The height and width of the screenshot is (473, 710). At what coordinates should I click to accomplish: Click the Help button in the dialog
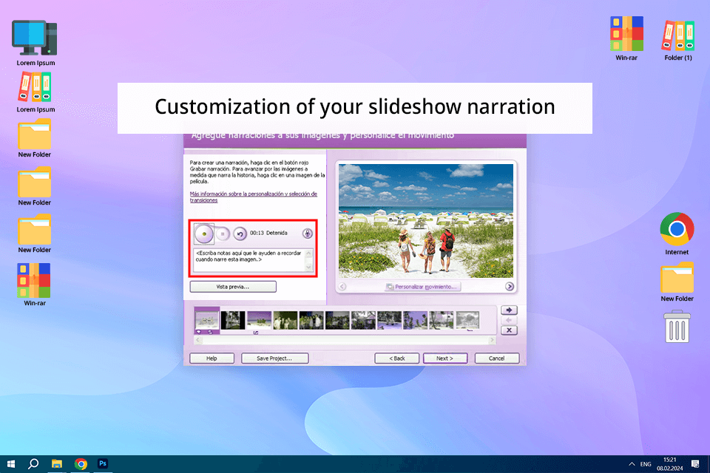[x=212, y=358]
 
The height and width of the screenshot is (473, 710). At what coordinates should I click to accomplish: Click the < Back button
[x=396, y=358]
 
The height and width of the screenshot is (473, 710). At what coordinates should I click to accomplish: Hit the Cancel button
[x=496, y=358]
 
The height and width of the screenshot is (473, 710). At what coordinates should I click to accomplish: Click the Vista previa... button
[x=233, y=287]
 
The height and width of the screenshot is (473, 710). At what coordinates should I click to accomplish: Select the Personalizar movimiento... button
[x=422, y=287]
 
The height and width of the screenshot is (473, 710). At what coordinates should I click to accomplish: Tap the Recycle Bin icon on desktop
[x=677, y=326]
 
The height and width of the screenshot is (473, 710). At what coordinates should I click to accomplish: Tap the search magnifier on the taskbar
[x=33, y=464]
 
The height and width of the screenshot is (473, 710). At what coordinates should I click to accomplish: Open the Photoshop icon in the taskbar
[x=104, y=464]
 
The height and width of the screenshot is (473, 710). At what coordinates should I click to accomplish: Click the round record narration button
[x=203, y=234]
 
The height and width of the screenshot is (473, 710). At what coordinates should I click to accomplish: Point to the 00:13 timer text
[x=257, y=234]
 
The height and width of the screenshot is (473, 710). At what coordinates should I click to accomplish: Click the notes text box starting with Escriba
[x=251, y=260]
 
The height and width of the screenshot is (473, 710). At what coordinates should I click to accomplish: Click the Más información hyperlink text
[x=253, y=194]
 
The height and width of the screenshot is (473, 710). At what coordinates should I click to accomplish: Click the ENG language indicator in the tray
[x=646, y=464]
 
